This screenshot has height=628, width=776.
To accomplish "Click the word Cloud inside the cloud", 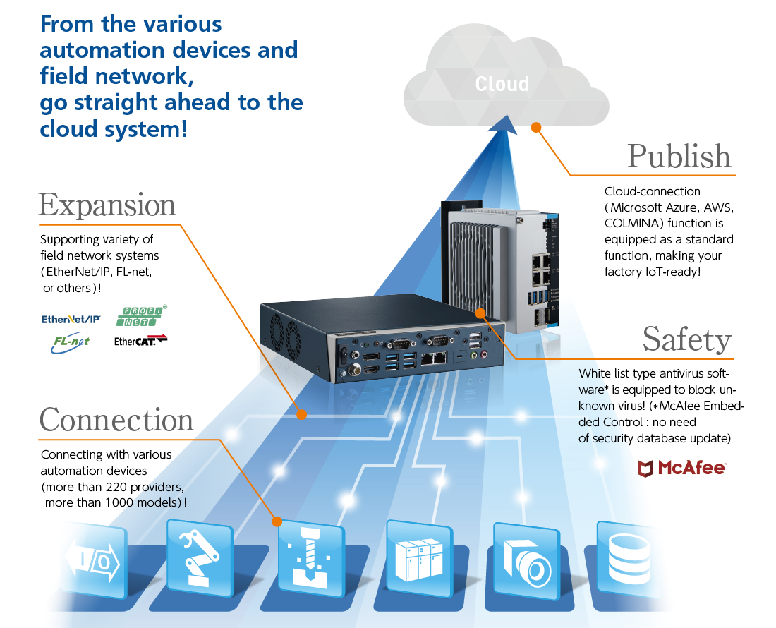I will pyautogui.click(x=502, y=84).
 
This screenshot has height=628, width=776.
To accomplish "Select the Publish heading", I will pyautogui.click(x=679, y=156).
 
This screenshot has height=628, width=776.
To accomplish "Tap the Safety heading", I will pyautogui.click(x=686, y=339).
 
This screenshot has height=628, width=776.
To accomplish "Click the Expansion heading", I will pyautogui.click(x=107, y=205).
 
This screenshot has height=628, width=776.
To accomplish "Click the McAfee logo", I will pyautogui.click(x=681, y=467).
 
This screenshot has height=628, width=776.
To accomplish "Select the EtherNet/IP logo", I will pyautogui.click(x=71, y=320).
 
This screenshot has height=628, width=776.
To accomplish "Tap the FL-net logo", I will pyautogui.click(x=71, y=342).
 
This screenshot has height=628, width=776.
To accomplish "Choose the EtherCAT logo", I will pyautogui.click(x=140, y=342).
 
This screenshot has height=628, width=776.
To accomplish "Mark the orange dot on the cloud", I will pyautogui.click(x=535, y=128).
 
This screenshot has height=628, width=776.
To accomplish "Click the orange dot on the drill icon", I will pyautogui.click(x=277, y=521).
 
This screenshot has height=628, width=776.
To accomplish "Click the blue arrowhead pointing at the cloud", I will pyautogui.click(x=502, y=124).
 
